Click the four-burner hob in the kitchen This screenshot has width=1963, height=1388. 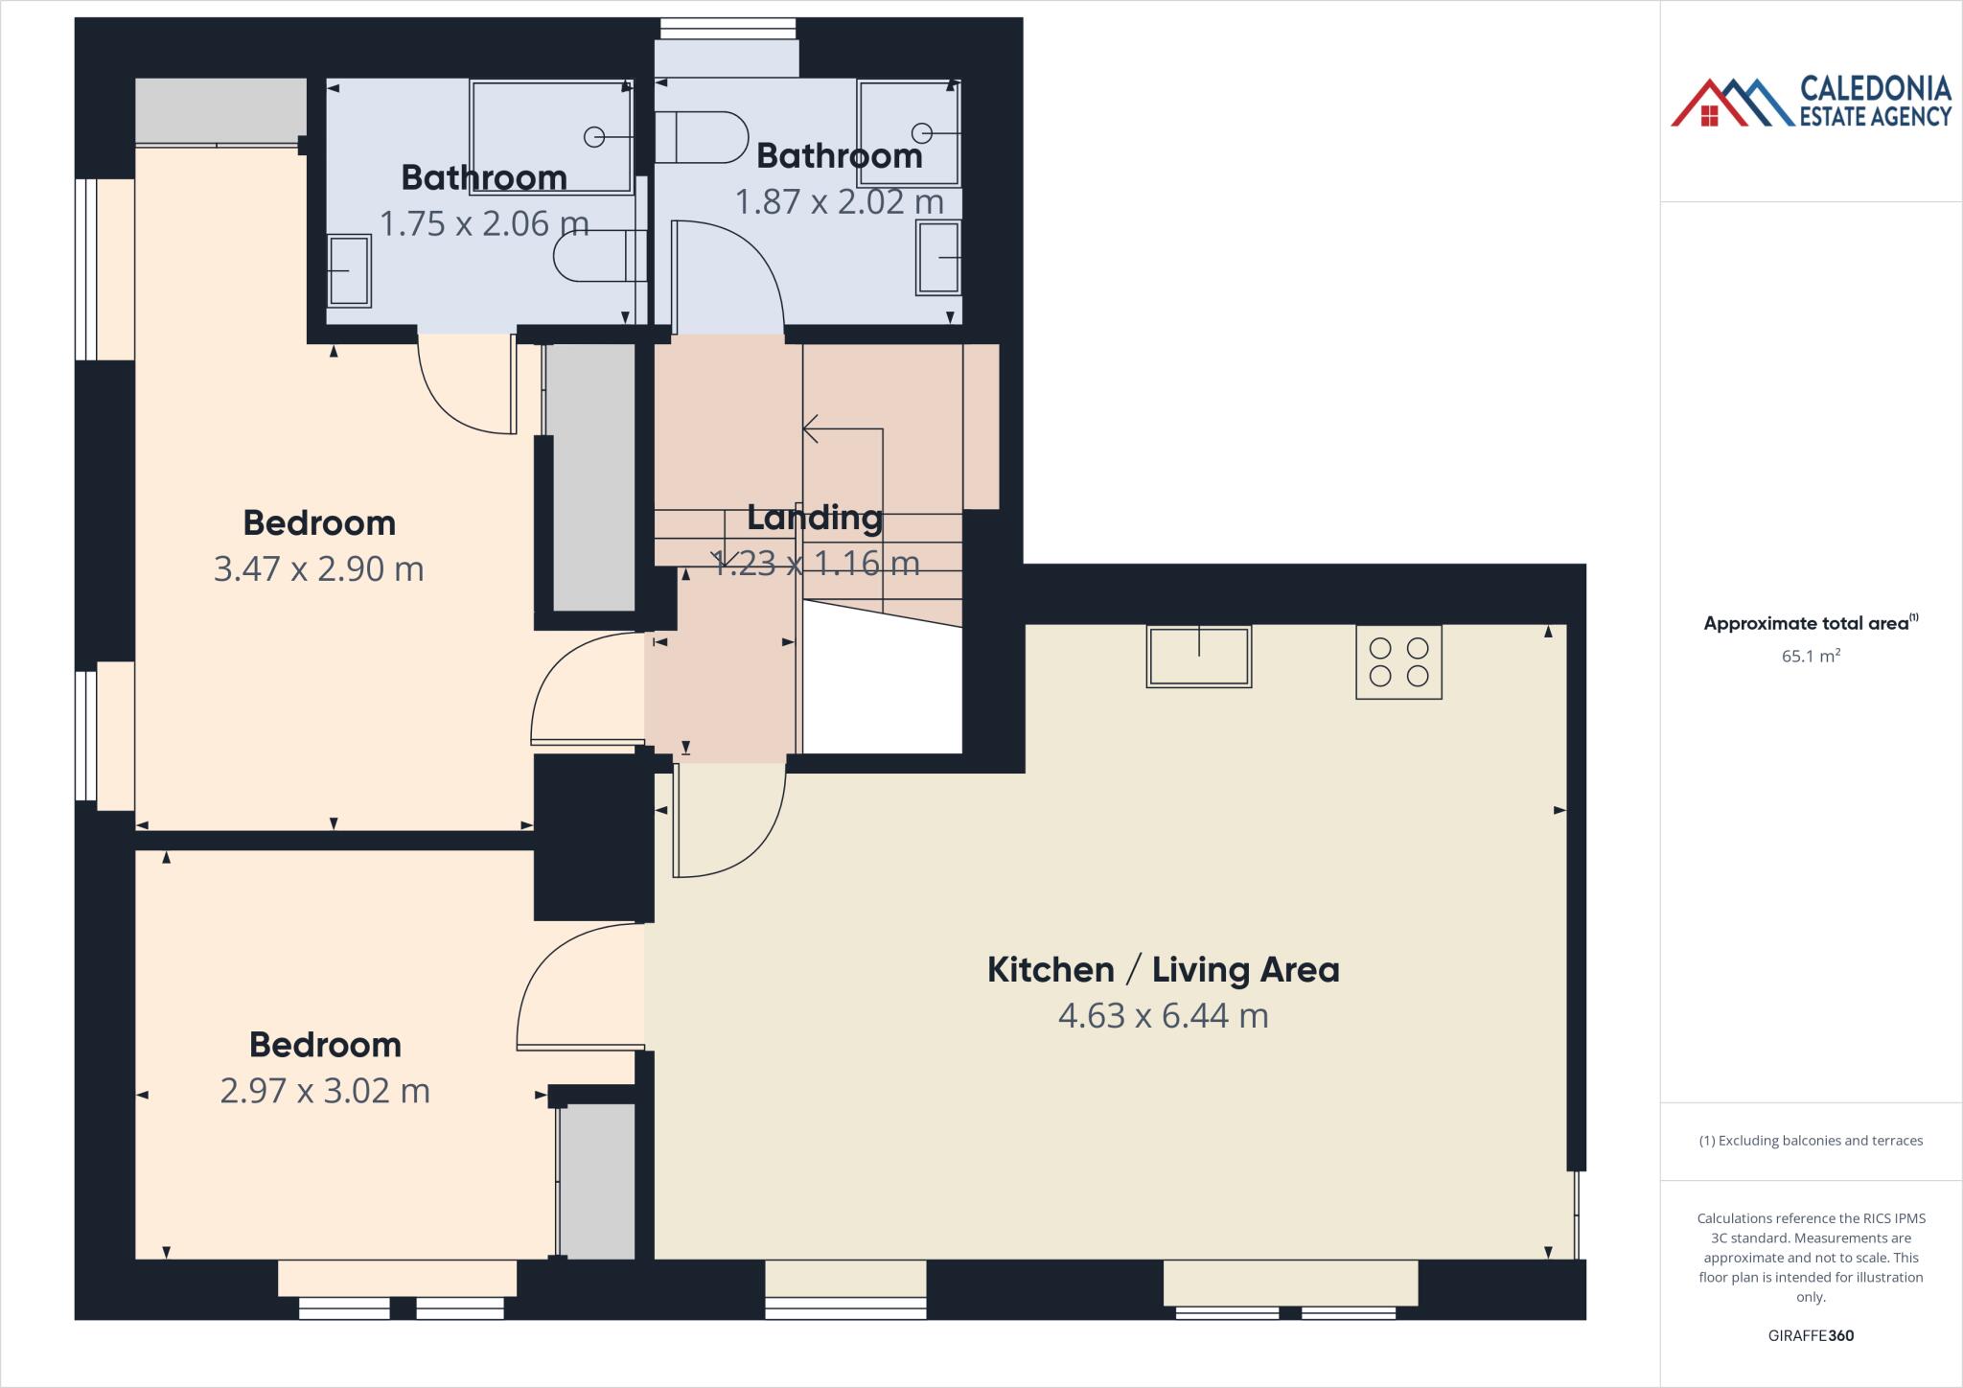1398,662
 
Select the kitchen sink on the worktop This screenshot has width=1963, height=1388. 1198,657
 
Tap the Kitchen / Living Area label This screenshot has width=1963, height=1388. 1163,969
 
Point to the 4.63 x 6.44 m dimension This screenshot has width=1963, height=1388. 1163,1015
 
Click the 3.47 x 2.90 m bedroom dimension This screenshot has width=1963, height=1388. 318,568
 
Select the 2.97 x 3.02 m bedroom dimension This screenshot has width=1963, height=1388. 325,1091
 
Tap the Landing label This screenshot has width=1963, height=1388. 814,518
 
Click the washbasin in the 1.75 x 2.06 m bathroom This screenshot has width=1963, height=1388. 349,270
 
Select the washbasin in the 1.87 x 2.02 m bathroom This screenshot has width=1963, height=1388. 938,257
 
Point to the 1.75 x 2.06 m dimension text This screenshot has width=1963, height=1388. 484,223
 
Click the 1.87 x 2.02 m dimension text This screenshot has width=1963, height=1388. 839,202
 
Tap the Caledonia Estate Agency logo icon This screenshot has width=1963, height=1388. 1731,104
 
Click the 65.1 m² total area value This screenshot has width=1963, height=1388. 1811,657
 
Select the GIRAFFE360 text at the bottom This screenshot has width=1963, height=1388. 1811,1335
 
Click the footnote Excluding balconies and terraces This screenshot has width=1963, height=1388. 1811,1141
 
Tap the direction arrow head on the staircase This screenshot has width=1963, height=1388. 808,428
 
